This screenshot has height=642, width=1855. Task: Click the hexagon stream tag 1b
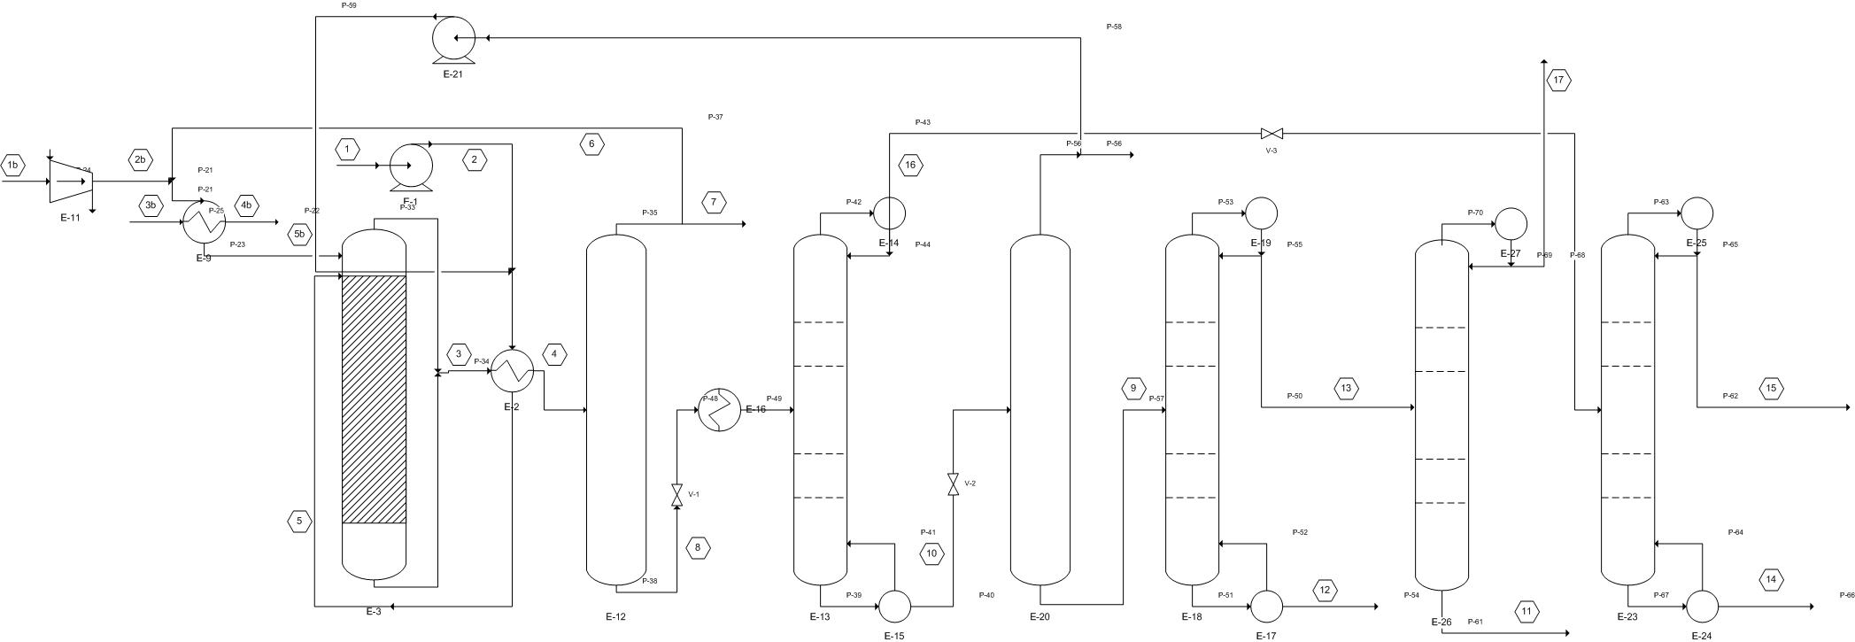[12, 166]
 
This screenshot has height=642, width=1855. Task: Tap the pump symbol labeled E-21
[453, 38]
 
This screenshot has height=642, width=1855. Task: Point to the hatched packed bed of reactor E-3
[374, 398]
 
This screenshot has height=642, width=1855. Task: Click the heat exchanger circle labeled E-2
[512, 371]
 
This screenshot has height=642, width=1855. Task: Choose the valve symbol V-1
[677, 495]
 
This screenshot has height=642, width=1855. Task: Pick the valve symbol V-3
[1271, 134]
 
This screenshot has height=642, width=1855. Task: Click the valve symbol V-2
[953, 484]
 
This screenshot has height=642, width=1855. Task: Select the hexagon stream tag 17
[1558, 81]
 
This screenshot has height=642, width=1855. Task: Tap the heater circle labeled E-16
[719, 410]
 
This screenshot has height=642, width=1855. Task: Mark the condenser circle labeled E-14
[889, 213]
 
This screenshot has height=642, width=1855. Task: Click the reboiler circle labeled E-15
[894, 607]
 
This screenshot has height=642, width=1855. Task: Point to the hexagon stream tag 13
[1346, 388]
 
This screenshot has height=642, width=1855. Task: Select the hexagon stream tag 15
[1771, 388]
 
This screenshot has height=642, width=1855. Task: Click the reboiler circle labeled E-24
[1702, 607]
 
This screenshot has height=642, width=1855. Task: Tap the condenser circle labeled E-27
[1511, 224]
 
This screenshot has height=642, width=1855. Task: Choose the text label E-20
[1040, 617]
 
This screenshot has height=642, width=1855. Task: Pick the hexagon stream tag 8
[698, 548]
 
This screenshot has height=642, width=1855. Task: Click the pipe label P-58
[1114, 27]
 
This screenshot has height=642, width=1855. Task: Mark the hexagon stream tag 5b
[299, 235]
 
